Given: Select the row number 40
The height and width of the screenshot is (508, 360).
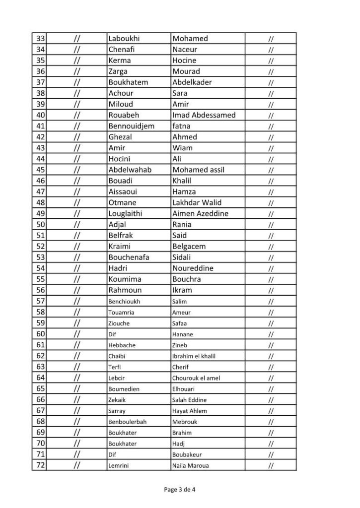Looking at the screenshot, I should click(x=41, y=115).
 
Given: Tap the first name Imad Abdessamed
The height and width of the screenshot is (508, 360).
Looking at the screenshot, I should click(x=204, y=115).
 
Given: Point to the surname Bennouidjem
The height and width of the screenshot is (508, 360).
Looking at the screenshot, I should click(x=131, y=126).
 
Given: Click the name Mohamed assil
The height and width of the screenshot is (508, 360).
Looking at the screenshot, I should click(x=198, y=170).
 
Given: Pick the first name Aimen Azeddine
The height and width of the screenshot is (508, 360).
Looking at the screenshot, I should click(x=200, y=213).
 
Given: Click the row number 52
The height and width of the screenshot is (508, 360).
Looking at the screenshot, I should click(x=41, y=247).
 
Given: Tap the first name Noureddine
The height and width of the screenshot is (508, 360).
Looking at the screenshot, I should click(x=193, y=268).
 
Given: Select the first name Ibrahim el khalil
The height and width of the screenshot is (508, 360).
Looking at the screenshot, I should click(x=194, y=356).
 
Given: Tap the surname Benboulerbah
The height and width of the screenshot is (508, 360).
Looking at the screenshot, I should click(x=128, y=422).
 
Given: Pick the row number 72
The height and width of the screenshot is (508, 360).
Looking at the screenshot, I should click(x=41, y=465).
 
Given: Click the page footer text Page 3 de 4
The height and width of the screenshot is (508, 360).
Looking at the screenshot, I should click(x=180, y=490).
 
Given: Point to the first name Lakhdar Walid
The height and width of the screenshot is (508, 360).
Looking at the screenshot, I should click(x=197, y=202).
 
